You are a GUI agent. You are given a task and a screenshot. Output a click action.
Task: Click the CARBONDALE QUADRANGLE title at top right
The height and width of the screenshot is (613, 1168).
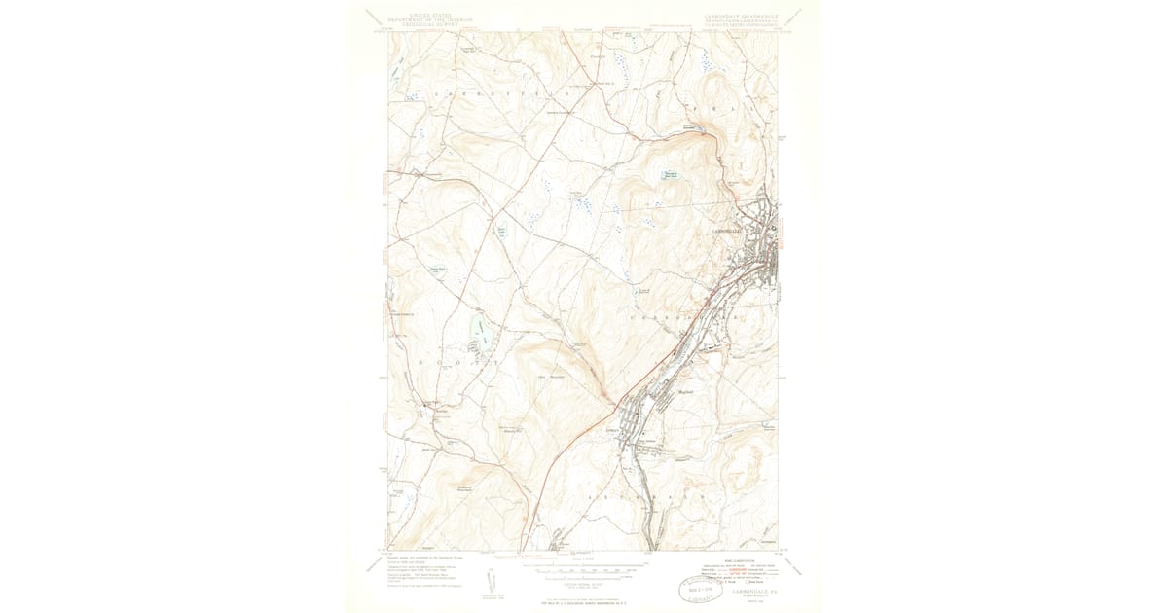[x=737, y=17]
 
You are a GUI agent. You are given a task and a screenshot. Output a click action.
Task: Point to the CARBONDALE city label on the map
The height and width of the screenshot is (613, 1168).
[x=727, y=231]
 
